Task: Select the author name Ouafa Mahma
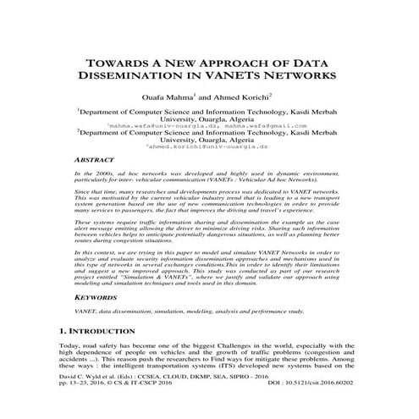pyautogui.click(x=167, y=96)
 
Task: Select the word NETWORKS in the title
pyautogui.click(x=302, y=75)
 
